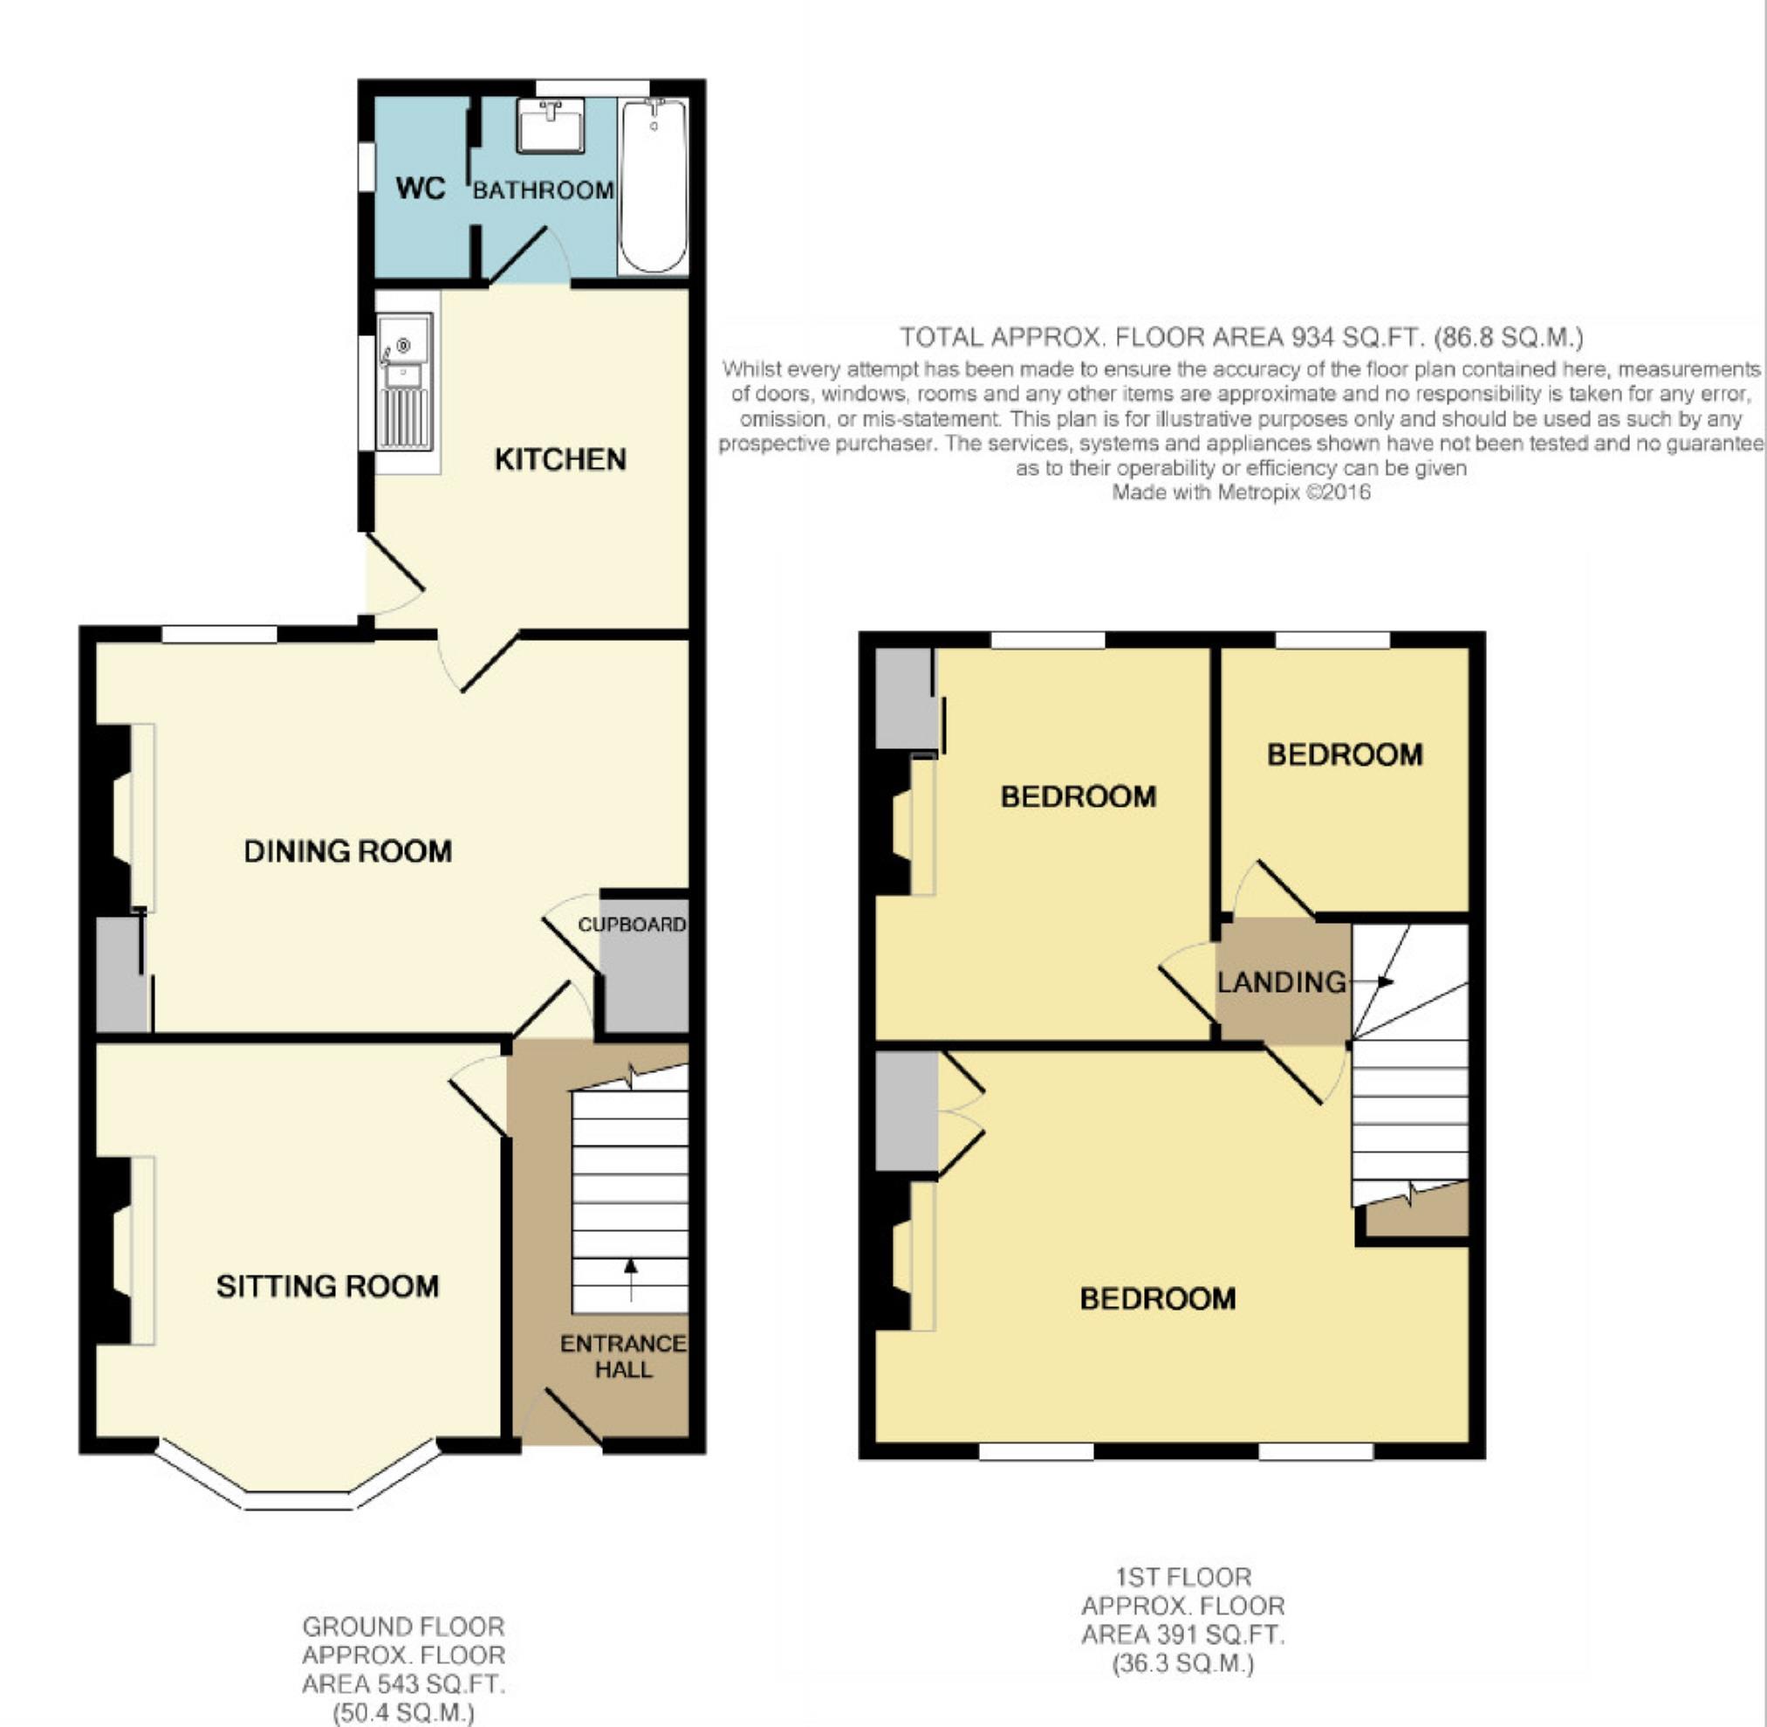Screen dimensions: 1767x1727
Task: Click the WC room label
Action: click(421, 189)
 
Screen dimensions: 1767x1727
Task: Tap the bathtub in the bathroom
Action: click(653, 186)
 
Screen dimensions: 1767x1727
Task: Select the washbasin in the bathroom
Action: click(551, 126)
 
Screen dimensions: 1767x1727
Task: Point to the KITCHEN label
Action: click(560, 459)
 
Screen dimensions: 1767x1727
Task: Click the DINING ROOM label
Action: click(347, 850)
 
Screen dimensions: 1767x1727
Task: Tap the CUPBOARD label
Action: click(632, 925)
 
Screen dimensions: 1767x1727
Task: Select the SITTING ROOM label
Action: click(327, 1285)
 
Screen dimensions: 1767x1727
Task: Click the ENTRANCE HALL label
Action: click(623, 1356)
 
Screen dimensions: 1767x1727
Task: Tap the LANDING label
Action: click(1281, 981)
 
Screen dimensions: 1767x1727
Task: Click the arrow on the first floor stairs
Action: click(1370, 981)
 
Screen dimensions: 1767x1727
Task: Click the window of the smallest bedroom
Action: click(1332, 640)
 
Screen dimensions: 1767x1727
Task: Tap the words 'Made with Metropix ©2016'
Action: click(1241, 492)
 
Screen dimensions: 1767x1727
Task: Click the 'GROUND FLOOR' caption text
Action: click(403, 1627)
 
